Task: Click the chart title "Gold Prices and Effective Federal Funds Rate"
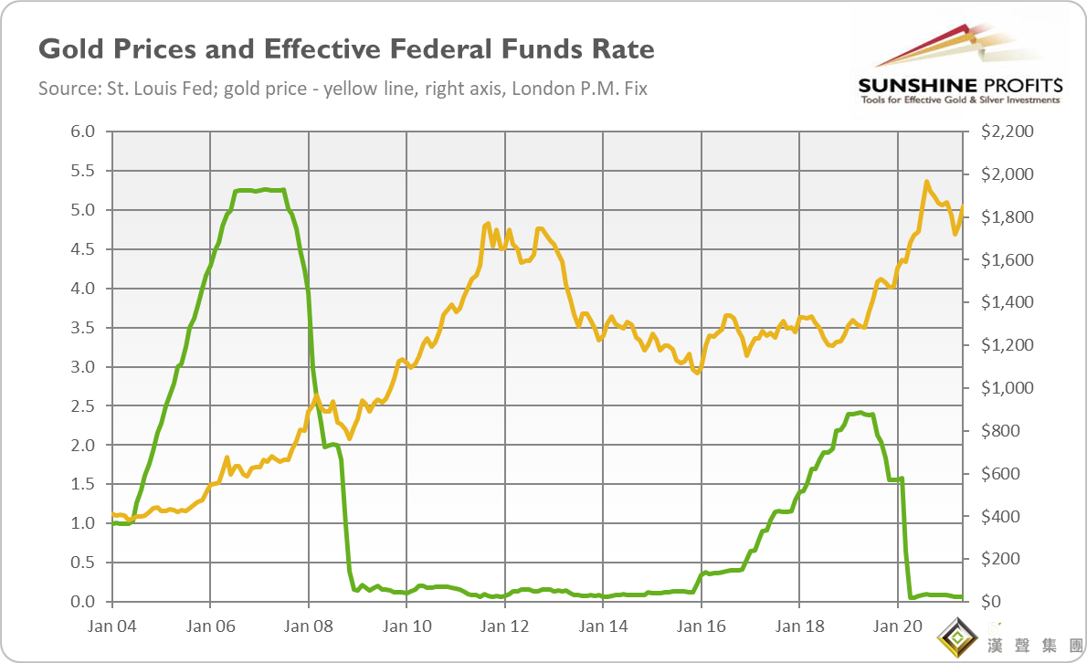coord(346,48)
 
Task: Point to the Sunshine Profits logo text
coord(959,86)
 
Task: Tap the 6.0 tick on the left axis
coord(83,132)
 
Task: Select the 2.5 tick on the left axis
coord(83,405)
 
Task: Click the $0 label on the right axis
coord(992,602)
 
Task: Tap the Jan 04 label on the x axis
coord(112,626)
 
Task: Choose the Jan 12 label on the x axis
coord(504,626)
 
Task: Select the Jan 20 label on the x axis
coord(897,626)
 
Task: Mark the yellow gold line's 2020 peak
coord(927,182)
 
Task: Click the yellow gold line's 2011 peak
coord(488,224)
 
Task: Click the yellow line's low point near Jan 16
coord(697,373)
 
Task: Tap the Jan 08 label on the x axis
coord(309,626)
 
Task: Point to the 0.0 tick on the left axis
coord(83,602)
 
